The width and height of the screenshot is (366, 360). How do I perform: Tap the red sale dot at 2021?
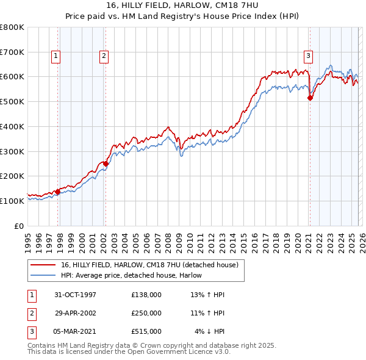pyautogui.click(x=310, y=98)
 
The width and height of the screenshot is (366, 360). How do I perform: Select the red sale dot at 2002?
pyautogui.click(x=106, y=164)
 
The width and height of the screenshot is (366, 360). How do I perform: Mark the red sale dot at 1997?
pyautogui.click(x=58, y=191)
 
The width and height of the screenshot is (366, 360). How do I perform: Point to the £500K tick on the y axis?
pyautogui.click(x=12, y=101)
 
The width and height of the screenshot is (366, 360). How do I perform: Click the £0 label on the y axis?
pyautogui.click(x=20, y=225)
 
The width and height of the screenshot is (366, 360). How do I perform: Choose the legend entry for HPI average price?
pyautogui.click(x=135, y=275)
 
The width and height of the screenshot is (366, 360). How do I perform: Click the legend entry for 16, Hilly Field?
pyautogui.click(x=152, y=265)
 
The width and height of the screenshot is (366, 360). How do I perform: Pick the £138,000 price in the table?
pyautogui.click(x=146, y=295)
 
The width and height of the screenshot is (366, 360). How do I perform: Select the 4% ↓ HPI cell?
pyautogui.click(x=210, y=331)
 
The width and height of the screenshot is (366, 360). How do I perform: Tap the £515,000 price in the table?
pyautogui.click(x=146, y=331)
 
